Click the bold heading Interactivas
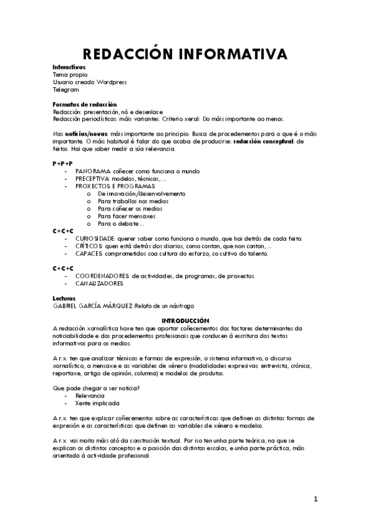coord(69,66)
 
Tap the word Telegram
coord(66,89)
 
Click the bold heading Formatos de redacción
coord(85,105)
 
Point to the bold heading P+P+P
coord(63,163)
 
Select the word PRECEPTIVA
coord(94,178)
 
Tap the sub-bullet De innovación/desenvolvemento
coord(133,193)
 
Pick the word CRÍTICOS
coord(89,246)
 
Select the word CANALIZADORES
coord(99,284)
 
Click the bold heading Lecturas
coord(64,298)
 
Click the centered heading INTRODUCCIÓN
coord(185,321)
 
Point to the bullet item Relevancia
coord(90,396)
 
